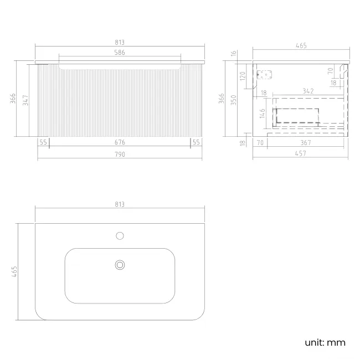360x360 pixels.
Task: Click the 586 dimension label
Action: point(120,53)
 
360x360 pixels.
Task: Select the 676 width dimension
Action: point(120,142)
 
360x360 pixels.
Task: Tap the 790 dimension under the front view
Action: point(120,154)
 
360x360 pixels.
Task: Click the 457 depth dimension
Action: point(301,154)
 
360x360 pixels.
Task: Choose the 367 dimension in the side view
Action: point(306,142)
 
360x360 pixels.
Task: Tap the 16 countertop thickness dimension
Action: point(234,53)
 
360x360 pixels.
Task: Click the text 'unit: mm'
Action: point(325,342)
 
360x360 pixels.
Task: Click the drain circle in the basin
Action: point(120,265)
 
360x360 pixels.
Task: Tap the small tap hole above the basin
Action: point(120,236)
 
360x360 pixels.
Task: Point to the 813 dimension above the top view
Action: point(120,204)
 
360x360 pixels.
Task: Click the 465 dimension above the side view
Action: point(301,46)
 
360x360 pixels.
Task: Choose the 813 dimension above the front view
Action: point(120,42)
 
